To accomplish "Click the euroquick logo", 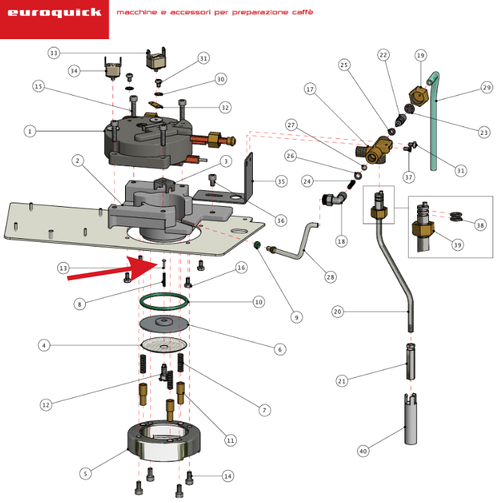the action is pyautogui.click(x=54, y=13).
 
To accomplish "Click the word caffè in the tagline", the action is pyautogui.click(x=302, y=12).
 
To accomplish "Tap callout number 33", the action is pyautogui.click(x=54, y=53).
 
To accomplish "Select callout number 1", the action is pyautogui.click(x=30, y=131).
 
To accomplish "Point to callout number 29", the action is pyautogui.click(x=487, y=87).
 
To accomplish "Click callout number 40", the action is pyautogui.click(x=363, y=451).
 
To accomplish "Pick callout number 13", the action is pyautogui.click(x=63, y=268).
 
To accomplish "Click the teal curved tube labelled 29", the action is pyautogui.click(x=434, y=121).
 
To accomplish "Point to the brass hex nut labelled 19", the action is pyautogui.click(x=418, y=96).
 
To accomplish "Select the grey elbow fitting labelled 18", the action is pyautogui.click(x=334, y=199).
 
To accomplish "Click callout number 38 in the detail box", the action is pyautogui.click(x=480, y=225).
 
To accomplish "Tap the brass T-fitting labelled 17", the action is pyautogui.click(x=374, y=150).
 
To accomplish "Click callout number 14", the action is pyautogui.click(x=228, y=476).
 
